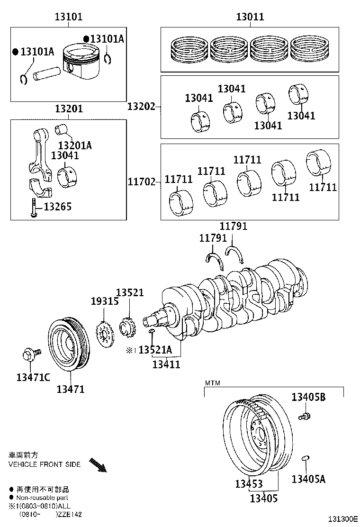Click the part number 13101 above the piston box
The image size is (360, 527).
(x=69, y=18)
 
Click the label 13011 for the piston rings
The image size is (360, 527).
(x=250, y=18)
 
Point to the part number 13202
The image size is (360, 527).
(x=141, y=107)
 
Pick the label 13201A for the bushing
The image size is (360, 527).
(x=75, y=145)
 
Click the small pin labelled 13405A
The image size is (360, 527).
(x=306, y=458)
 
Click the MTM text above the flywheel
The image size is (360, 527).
(x=211, y=382)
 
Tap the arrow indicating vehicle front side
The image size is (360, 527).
(x=98, y=464)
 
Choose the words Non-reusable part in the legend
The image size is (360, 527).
(x=42, y=498)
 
